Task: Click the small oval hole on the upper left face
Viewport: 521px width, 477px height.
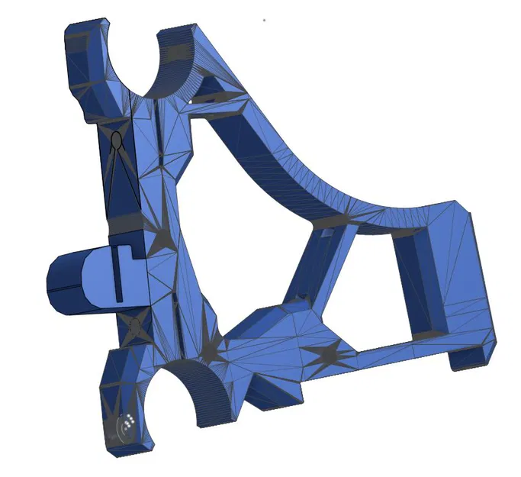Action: click(116, 141)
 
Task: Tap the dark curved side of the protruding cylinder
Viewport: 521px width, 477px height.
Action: click(62, 282)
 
